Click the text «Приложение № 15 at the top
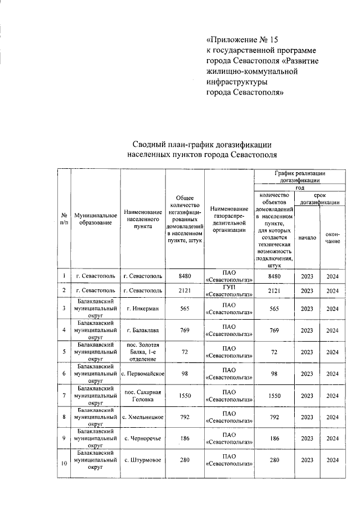(243, 40)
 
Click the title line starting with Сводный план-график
(202, 145)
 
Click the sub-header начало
(307, 238)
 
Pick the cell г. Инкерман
(144, 308)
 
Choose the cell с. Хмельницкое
(144, 417)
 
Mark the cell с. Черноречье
(144, 438)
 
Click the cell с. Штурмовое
(144, 460)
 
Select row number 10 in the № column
(64, 463)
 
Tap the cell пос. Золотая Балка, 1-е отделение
(144, 352)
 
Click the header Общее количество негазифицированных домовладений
(185, 219)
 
